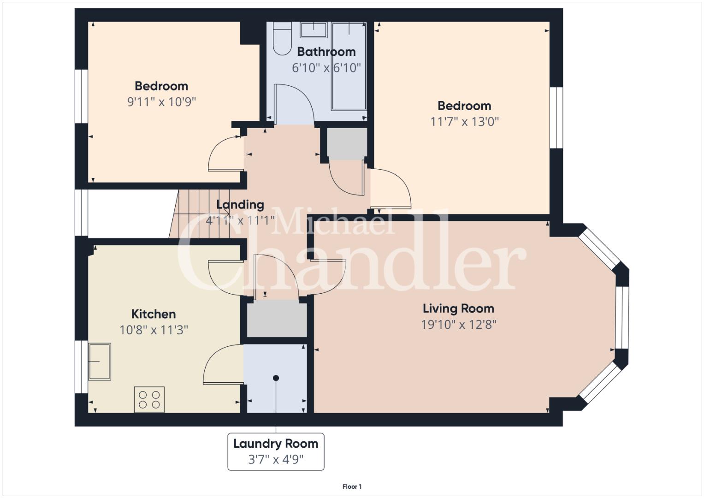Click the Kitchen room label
(154, 314)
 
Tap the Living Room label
(458, 309)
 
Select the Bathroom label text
(326, 52)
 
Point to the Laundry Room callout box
(276, 451)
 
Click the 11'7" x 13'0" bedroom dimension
(465, 122)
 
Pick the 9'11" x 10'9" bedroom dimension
(161, 102)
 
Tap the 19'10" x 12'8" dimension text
(459, 325)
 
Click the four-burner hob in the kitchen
(149, 399)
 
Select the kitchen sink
(100, 362)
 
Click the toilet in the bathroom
(282, 38)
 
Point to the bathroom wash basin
(314, 30)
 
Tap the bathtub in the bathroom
(349, 66)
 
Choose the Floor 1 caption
(352, 486)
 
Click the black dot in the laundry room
(276, 378)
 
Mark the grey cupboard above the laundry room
(277, 319)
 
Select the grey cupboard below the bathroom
(347, 144)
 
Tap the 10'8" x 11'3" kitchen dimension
(154, 330)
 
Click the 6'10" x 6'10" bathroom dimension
(326, 68)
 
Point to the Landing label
(240, 205)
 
